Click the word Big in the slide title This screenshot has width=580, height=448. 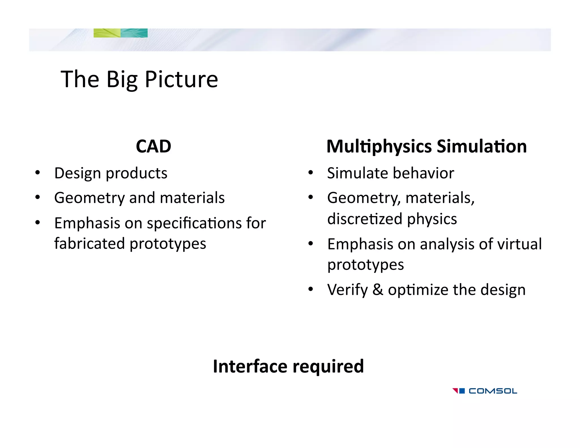tap(122, 80)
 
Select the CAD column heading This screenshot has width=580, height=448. tap(153, 146)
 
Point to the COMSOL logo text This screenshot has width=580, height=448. tap(493, 391)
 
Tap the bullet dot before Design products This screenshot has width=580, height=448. tap(38, 172)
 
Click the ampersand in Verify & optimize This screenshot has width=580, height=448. tap(378, 290)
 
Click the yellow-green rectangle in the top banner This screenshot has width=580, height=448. tap(107, 33)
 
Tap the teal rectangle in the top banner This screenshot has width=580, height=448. tap(134, 33)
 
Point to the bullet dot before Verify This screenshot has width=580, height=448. tap(311, 289)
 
